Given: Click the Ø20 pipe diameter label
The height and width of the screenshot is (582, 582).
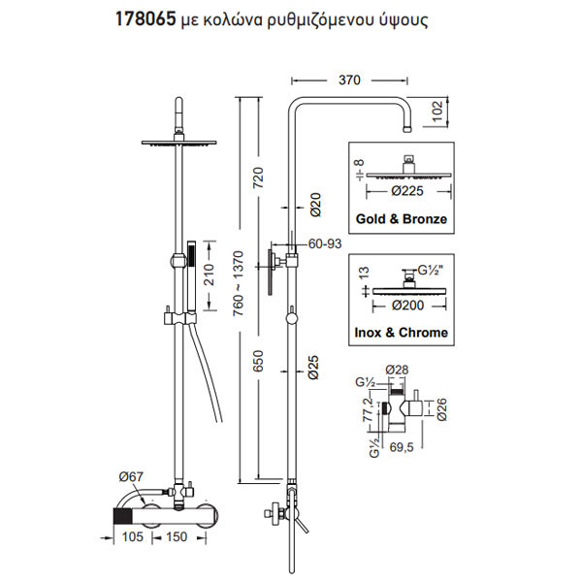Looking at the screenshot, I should (x=315, y=203).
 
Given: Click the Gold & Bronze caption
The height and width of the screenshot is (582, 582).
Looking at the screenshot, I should (x=403, y=219).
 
